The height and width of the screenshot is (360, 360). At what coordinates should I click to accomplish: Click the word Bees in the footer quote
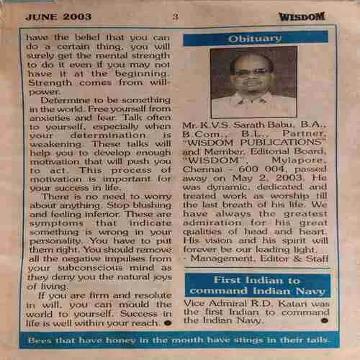point(45,338)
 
